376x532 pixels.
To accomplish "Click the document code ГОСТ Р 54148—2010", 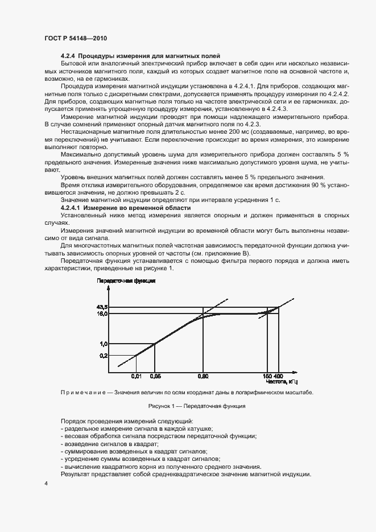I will pos(75,38).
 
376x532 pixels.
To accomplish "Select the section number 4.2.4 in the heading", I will pos(68,56).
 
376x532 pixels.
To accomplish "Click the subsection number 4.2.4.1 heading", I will pos(71,208).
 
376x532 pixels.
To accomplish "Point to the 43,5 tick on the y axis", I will pos(102,307).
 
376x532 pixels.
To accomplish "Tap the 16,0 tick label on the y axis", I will pos(102,314).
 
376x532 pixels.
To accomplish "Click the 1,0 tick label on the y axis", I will pos(104,344).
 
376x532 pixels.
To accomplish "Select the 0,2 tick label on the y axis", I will pos(104,356).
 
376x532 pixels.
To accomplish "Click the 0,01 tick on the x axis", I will pos(136,377).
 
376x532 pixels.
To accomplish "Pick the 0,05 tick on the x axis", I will pos(155,377).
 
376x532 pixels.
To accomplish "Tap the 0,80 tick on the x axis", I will pos(203,377).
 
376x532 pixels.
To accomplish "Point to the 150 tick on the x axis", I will pos(268,377).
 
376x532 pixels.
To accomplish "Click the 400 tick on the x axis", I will pos(278,377).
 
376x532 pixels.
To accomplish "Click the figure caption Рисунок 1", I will pos(188,406).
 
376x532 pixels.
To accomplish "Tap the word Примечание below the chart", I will pos(84,393).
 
